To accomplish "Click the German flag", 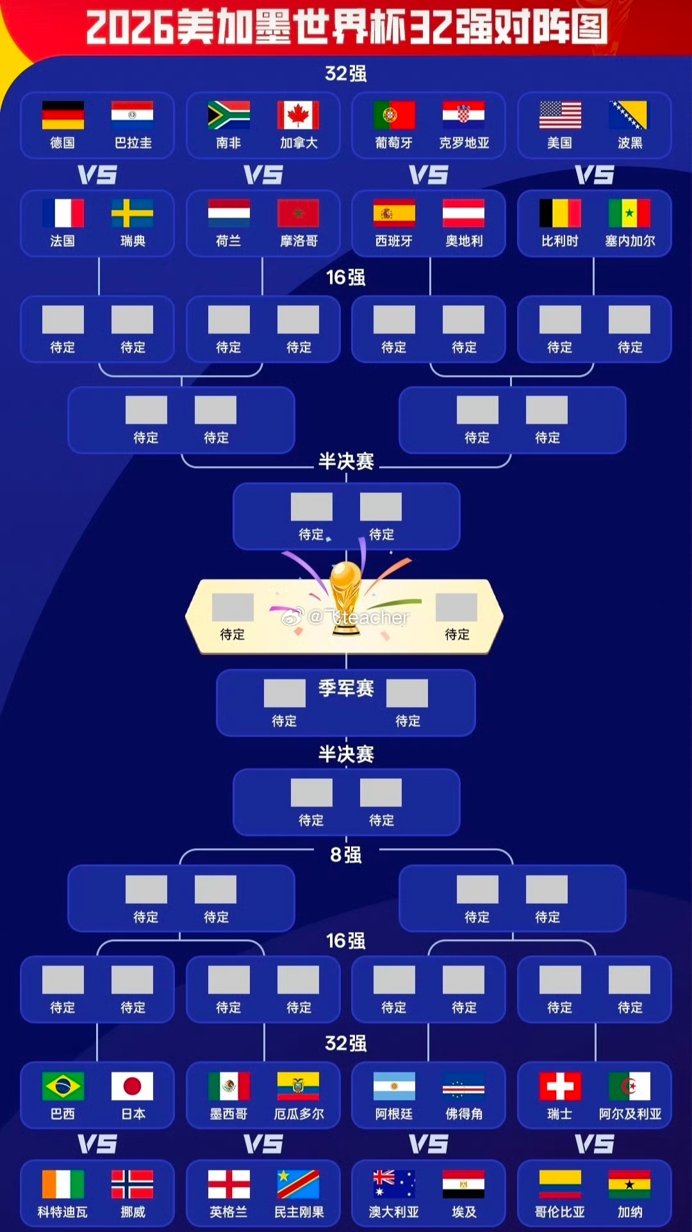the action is pos(63,115).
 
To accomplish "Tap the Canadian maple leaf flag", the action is pos(298,115).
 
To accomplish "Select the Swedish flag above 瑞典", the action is pos(132,213).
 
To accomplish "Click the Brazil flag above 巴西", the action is pos(63,1086).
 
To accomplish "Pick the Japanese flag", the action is pos(132,1086).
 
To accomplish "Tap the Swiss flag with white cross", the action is pos(560,1086).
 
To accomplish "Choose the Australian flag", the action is pos(394,1185).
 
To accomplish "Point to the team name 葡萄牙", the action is pos(394,143).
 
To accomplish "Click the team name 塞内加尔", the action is pos(630,241).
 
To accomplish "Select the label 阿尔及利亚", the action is pos(630,1114).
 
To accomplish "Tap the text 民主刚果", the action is pos(299,1212).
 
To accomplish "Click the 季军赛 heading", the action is pos(346,688).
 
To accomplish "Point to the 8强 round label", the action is pos(346,854).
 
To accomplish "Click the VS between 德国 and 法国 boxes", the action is pos(97,175).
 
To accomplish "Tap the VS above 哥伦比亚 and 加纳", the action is pos(595,1144).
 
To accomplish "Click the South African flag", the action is pos(229,115).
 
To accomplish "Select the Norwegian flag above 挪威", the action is pos(132,1185).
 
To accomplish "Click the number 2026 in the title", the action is pos(130,28).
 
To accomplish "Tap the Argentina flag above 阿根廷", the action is pos(394,1086).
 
